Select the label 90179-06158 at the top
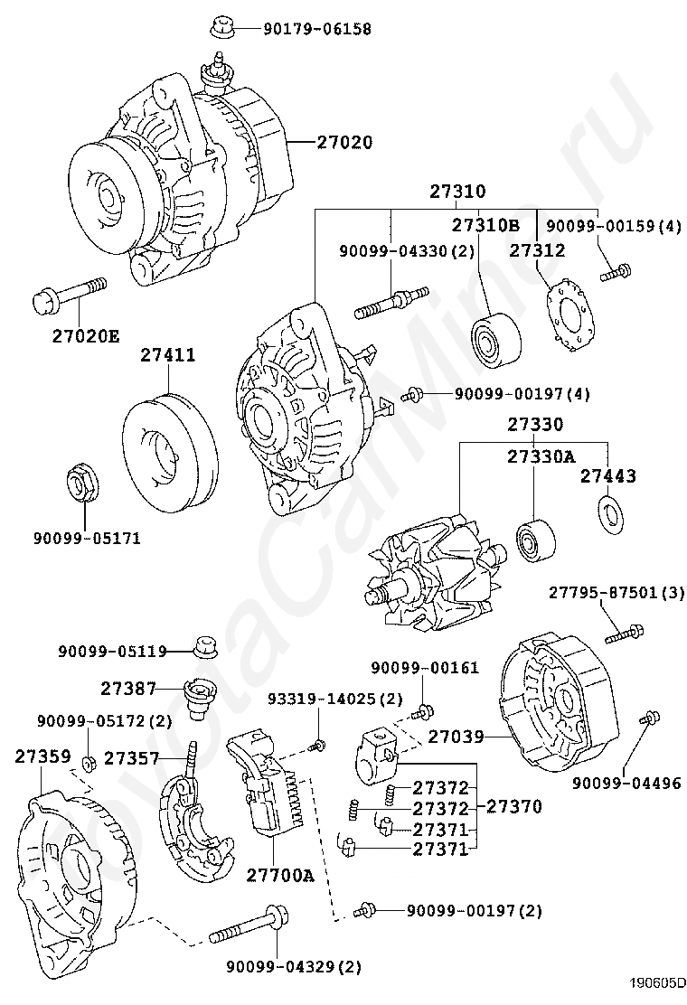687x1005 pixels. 316,29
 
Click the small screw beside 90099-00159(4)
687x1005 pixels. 616,269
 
